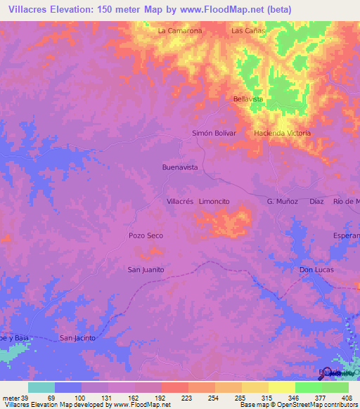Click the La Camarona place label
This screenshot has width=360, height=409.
click(180, 31)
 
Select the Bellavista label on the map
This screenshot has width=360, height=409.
click(248, 99)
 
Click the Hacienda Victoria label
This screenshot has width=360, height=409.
click(282, 133)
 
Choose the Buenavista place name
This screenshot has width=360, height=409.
click(180, 167)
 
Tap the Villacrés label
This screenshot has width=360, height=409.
click(179, 201)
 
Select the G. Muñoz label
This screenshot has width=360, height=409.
click(283, 201)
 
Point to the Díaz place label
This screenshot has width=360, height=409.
click(316, 201)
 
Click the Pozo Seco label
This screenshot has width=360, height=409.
click(146, 235)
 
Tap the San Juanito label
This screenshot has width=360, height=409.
click(146, 269)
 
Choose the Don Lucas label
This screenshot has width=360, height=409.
click(316, 269)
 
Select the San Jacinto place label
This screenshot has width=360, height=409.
click(77, 338)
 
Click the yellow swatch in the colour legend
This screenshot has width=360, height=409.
click(281, 387)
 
